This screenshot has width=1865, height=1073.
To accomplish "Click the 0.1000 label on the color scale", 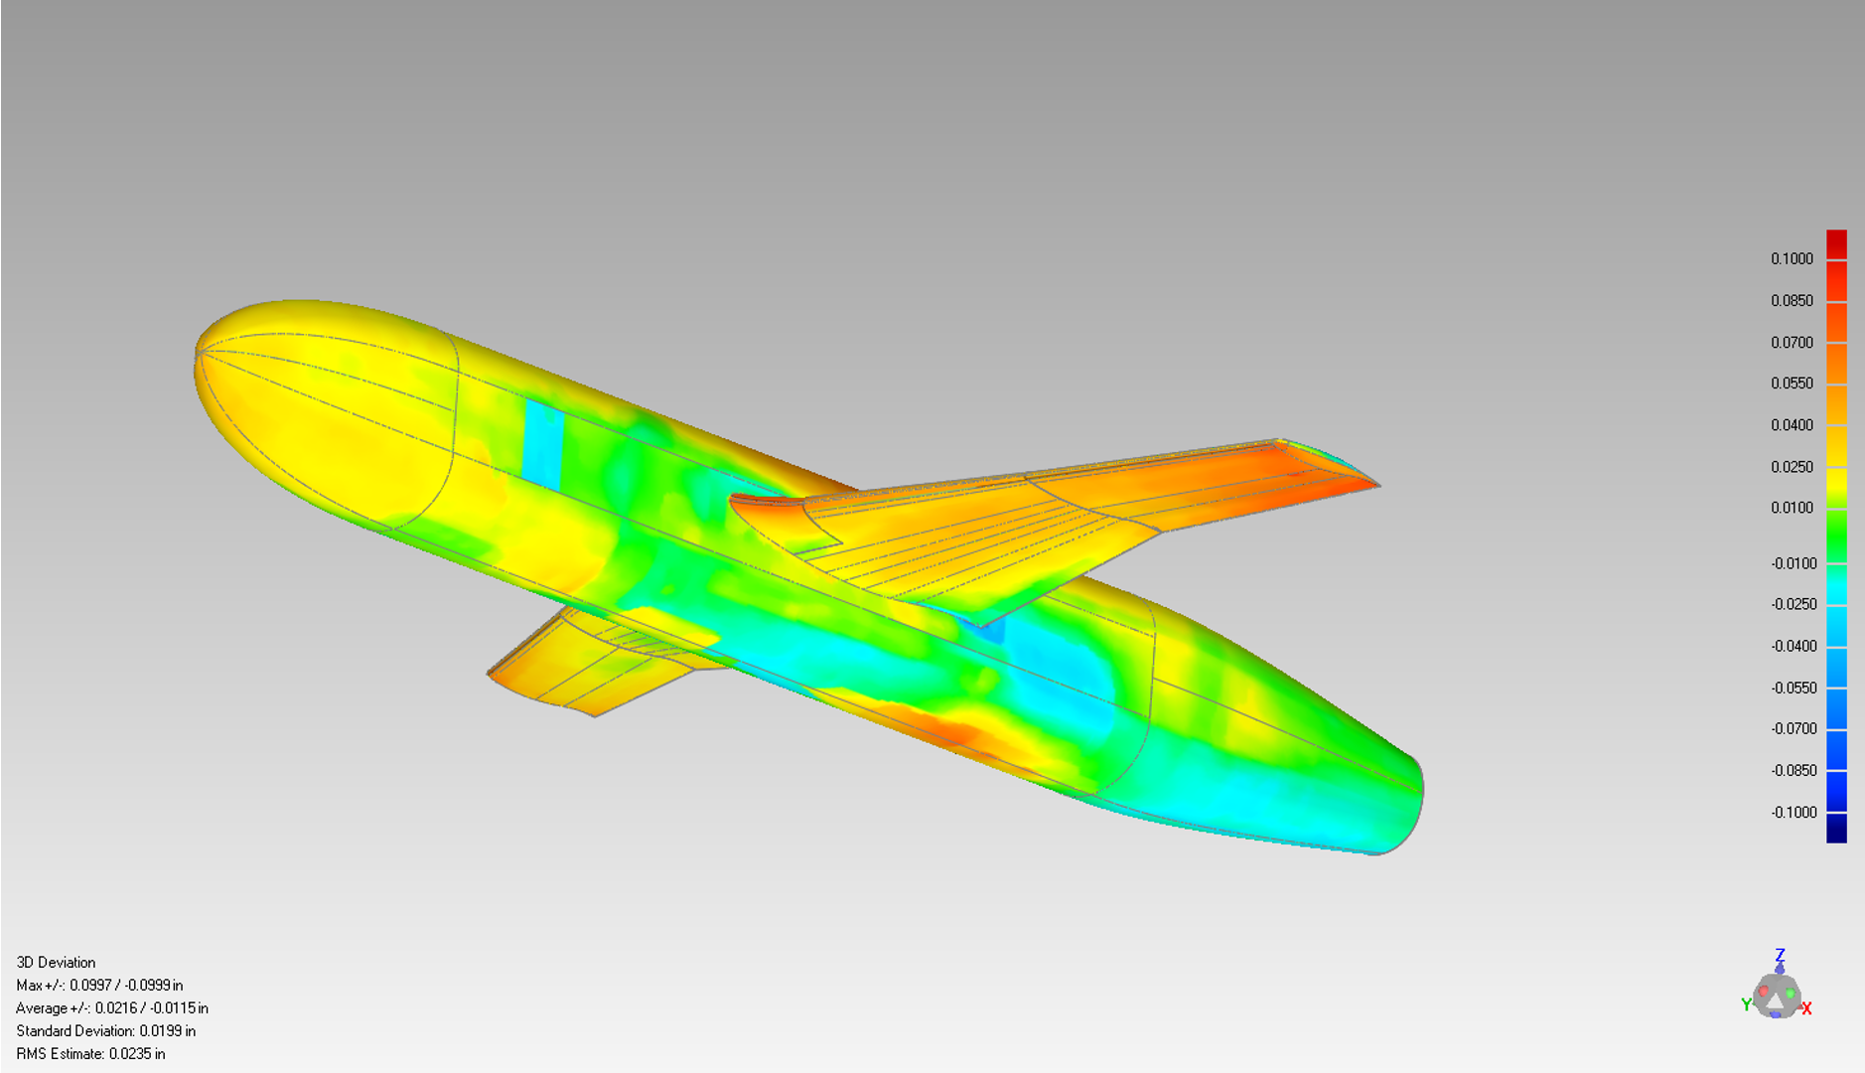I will point(1791,259).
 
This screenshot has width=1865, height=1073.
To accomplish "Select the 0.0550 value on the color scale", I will point(1791,383).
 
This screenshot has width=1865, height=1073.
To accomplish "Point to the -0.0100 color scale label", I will point(1793,563).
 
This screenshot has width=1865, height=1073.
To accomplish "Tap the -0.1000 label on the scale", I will point(1793,813).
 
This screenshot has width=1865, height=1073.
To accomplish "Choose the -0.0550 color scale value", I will point(1793,688).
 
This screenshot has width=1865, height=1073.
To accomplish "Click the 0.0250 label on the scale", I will point(1791,467).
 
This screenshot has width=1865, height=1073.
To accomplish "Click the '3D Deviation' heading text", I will point(56,963).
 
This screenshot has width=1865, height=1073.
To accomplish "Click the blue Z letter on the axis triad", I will point(1780,955).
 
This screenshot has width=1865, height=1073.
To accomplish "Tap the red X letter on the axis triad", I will point(1806,1008).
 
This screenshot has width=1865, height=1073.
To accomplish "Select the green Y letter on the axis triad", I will point(1746,1005).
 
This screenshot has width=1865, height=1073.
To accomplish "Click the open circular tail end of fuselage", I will point(1405,805).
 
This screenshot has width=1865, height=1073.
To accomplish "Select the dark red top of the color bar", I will point(1836,243).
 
